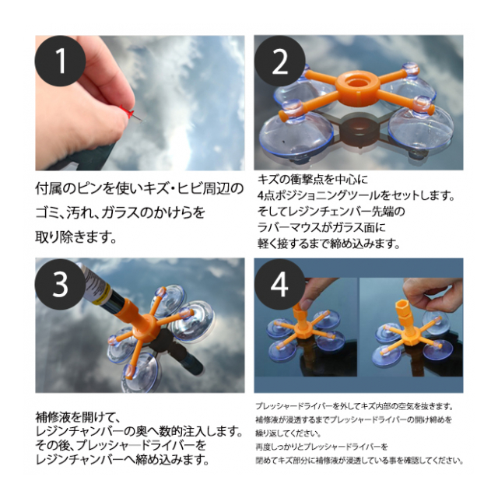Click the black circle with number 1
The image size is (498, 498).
tap(60, 61)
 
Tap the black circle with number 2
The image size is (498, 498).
tap(280, 61)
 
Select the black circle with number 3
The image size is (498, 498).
tap(60, 284)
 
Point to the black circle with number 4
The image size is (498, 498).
tap(280, 284)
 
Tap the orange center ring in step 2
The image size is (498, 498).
tap(358, 84)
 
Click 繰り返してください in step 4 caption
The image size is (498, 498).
tap(289, 433)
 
